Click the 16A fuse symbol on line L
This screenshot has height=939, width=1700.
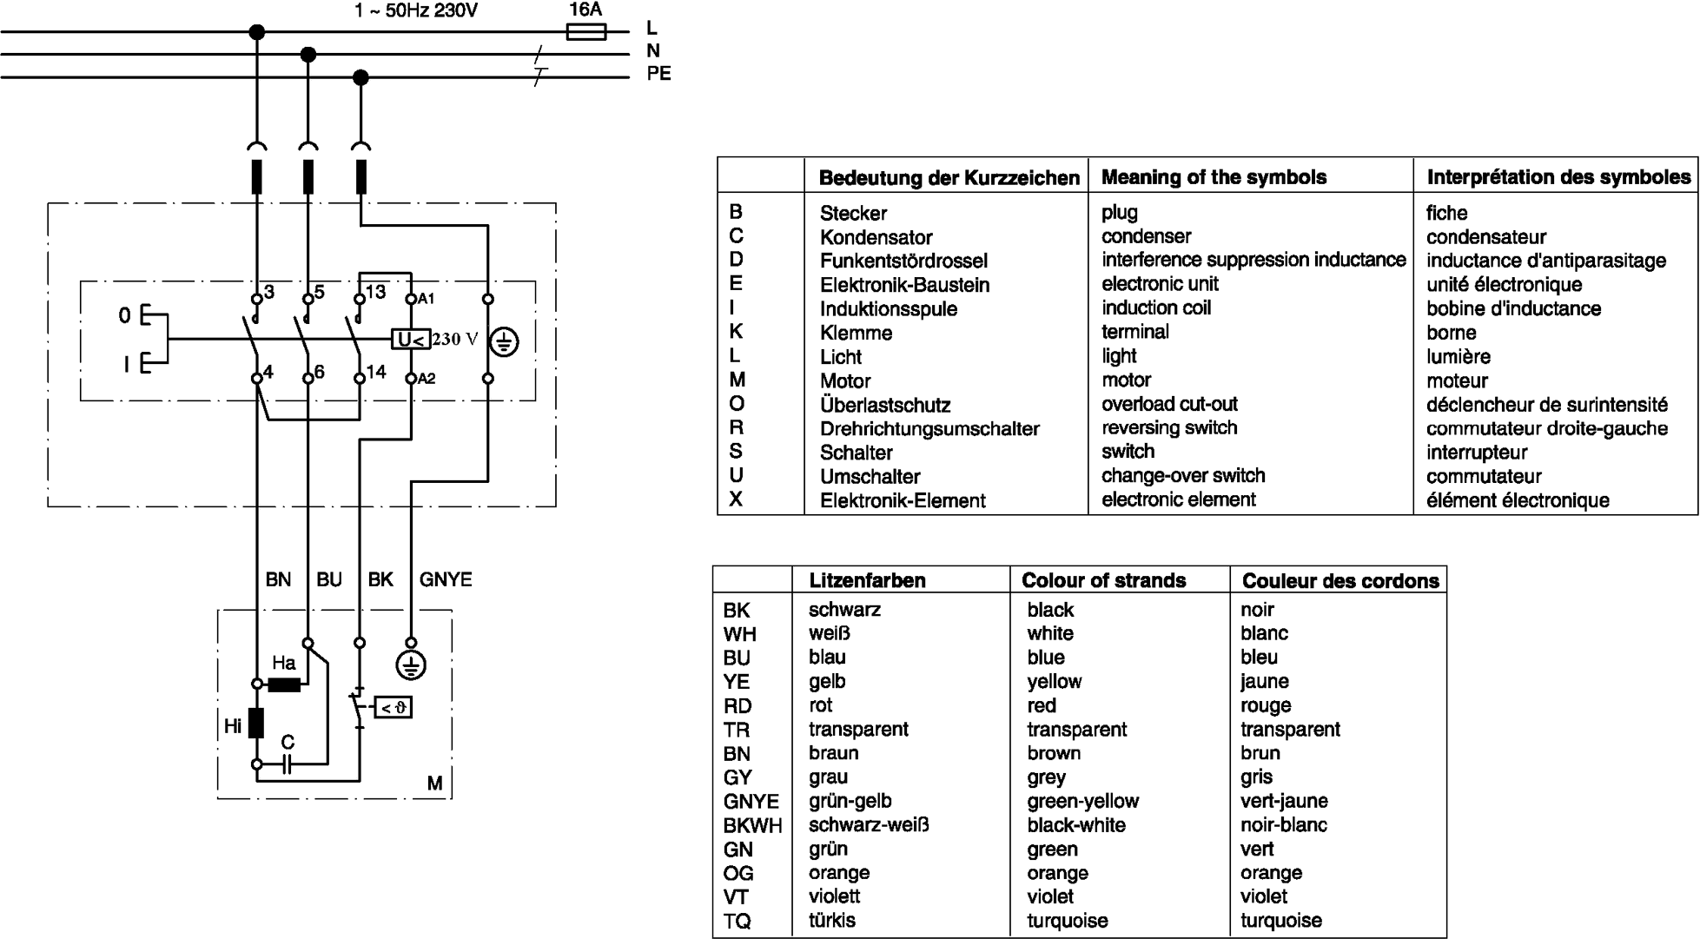tap(586, 32)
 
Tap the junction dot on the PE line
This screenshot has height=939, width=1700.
tap(361, 77)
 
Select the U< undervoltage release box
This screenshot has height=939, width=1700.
tap(411, 339)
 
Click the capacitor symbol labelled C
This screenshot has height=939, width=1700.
tap(288, 764)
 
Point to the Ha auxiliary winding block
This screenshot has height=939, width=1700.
tap(284, 684)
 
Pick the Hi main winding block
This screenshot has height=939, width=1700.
tap(256, 723)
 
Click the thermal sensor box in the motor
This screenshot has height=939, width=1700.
tap(393, 708)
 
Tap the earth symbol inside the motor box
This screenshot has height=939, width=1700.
tap(411, 666)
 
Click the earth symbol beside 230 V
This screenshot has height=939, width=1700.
tap(504, 342)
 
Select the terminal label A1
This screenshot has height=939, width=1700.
tap(426, 299)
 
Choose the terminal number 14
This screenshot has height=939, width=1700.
tap(376, 372)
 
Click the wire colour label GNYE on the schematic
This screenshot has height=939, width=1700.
tap(446, 579)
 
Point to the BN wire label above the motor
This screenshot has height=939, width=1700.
tap(278, 579)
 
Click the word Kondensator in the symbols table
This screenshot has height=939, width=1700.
tap(876, 237)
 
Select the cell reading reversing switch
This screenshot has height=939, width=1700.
tap(1169, 428)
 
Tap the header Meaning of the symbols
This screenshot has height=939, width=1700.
tap(1214, 177)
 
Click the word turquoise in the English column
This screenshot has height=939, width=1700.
tap(1068, 921)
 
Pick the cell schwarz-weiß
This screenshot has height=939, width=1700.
tap(869, 825)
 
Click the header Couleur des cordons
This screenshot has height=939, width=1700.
tap(1340, 580)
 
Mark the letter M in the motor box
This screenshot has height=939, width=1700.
tap(435, 784)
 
